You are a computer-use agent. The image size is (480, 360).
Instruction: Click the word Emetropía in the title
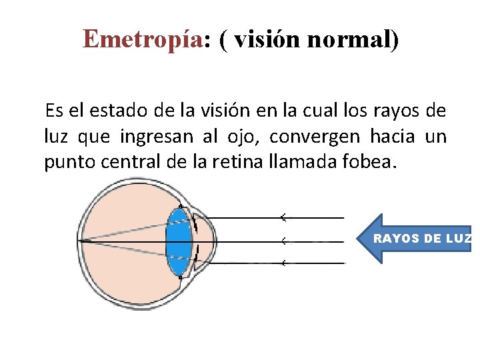[141, 40]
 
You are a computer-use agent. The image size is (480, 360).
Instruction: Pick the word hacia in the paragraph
[389, 137]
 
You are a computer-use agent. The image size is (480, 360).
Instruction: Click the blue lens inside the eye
[178, 241]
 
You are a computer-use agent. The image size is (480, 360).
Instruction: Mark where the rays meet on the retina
[81, 240]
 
